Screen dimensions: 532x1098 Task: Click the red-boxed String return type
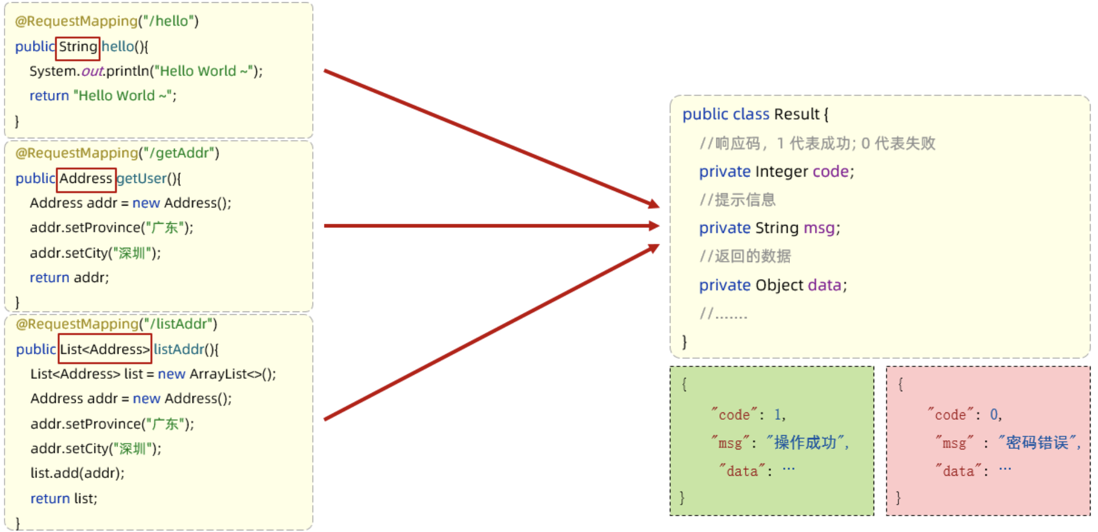78,47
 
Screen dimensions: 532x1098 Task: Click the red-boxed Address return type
86,179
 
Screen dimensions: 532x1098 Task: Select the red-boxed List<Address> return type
105,350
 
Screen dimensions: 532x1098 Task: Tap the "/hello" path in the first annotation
171,22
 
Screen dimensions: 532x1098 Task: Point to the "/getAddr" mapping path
182,154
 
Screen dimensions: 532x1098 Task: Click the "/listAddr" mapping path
181,325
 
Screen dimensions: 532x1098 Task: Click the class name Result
796,114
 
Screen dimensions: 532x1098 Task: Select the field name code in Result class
830,171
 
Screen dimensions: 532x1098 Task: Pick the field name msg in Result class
819,228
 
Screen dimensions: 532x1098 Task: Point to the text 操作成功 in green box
805,443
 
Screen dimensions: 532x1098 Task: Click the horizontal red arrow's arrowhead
653,226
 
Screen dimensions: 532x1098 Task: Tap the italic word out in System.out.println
92,72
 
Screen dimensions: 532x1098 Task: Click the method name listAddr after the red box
178,350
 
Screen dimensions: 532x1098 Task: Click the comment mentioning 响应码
817,144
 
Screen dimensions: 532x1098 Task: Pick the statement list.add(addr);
77,473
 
